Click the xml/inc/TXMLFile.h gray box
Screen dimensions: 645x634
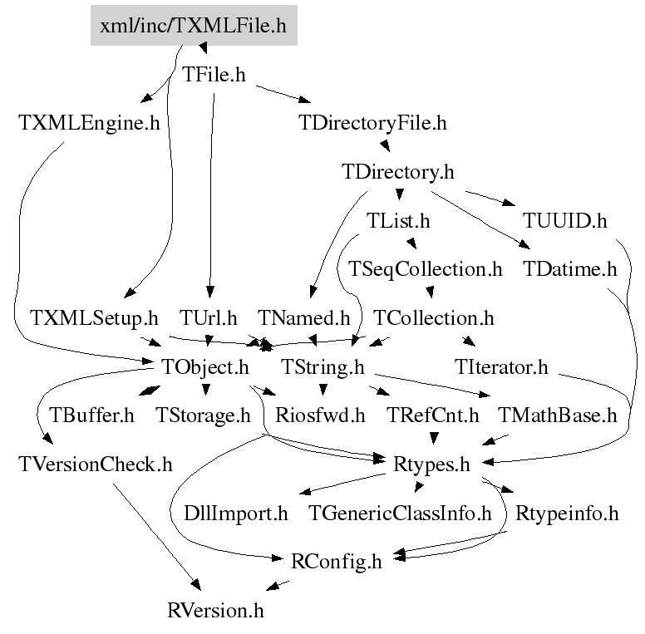tap(194, 26)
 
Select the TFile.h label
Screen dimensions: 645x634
tap(214, 75)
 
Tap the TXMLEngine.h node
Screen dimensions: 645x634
tap(89, 123)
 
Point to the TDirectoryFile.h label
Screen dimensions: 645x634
tap(372, 123)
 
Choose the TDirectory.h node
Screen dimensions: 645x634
tap(398, 172)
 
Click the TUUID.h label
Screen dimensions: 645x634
tap(564, 221)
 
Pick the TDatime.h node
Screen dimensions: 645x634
tap(569, 269)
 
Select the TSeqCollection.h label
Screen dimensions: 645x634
tap(426, 269)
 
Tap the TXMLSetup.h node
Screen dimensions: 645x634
tap(94, 318)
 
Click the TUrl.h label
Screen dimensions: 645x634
tap(208, 318)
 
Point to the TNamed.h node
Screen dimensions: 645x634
tap(303, 318)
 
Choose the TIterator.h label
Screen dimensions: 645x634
tap(501, 367)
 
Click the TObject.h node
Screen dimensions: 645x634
tap(204, 367)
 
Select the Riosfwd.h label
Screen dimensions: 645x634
tap(320, 415)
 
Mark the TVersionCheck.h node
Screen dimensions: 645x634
tap(96, 464)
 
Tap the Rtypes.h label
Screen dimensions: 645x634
tap(431, 464)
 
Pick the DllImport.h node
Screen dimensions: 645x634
tap(235, 514)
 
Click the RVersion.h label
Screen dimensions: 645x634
tap(215, 611)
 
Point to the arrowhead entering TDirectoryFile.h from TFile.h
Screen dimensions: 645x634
tap(305, 100)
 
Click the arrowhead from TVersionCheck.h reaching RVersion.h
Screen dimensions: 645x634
tap(196, 585)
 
